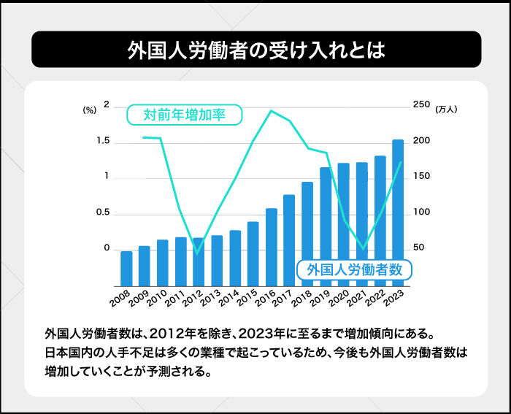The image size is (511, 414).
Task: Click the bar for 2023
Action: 398,212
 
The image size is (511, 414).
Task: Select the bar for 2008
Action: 126,268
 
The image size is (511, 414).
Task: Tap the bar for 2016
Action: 272,247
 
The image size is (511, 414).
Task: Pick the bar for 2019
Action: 326,226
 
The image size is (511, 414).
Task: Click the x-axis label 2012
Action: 191,298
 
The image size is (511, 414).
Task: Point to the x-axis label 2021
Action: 356,298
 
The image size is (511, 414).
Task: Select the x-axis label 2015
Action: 246,298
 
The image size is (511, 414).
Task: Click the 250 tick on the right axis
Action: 421,105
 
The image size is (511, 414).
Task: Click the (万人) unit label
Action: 445,110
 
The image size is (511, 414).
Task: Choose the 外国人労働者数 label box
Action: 355,269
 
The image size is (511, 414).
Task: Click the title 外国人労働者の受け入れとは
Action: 255,50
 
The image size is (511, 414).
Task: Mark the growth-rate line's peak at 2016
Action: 272,111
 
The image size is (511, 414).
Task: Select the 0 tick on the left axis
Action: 106,249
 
